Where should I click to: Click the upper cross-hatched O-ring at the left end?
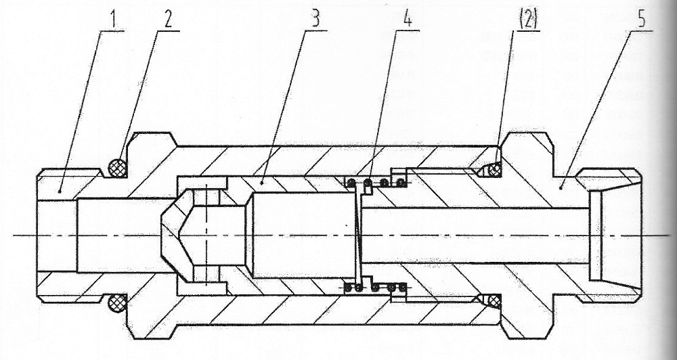pyautogui.click(x=118, y=168)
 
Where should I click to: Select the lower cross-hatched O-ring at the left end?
pyautogui.click(x=118, y=303)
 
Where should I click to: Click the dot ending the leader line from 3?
pyautogui.click(x=261, y=183)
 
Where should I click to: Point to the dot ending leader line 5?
pyautogui.click(x=560, y=187)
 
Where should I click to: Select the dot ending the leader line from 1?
pyautogui.click(x=60, y=190)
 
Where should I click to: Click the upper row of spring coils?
pyautogui.click(x=376, y=183)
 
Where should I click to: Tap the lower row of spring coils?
pyautogui.click(x=376, y=287)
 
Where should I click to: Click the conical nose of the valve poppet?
pyautogui.click(x=171, y=235)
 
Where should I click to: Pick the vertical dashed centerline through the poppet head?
pyautogui.click(x=206, y=235)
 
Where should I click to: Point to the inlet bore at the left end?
pyautogui.click(x=57, y=235)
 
